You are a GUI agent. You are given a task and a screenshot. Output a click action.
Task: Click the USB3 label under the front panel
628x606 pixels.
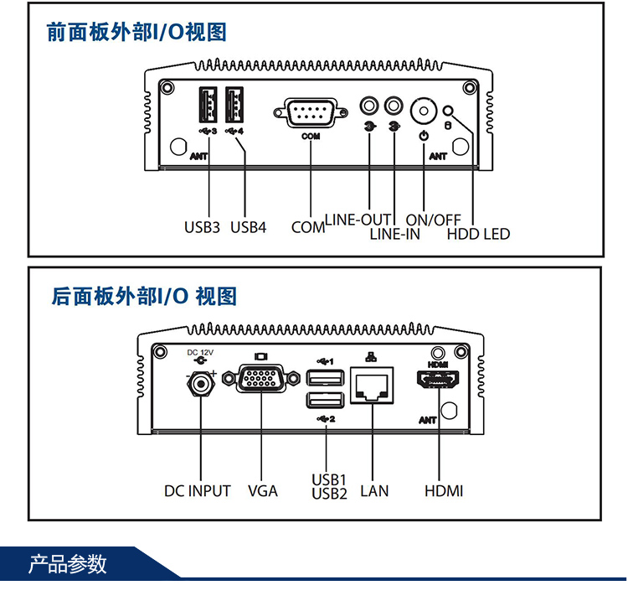coord(202,226)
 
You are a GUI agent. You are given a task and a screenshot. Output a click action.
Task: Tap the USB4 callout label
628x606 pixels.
coord(248,226)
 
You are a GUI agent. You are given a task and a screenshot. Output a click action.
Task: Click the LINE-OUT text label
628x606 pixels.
coord(358,220)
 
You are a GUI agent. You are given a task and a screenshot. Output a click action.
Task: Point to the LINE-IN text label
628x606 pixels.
coord(395,234)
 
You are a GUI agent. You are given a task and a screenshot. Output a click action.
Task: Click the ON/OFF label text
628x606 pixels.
coord(434,220)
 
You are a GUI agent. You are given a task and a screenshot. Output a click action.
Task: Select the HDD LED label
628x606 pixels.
coord(478,234)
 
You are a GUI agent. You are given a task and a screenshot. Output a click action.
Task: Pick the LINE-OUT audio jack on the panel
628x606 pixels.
coord(369,106)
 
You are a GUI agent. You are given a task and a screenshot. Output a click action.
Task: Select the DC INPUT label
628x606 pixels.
coord(197,490)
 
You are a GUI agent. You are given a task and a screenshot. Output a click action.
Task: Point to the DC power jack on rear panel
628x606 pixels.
coord(201,384)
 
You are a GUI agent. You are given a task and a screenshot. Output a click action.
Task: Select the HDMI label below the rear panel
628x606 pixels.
coord(443,490)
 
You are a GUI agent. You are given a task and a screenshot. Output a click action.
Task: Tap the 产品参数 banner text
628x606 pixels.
coord(69,563)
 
